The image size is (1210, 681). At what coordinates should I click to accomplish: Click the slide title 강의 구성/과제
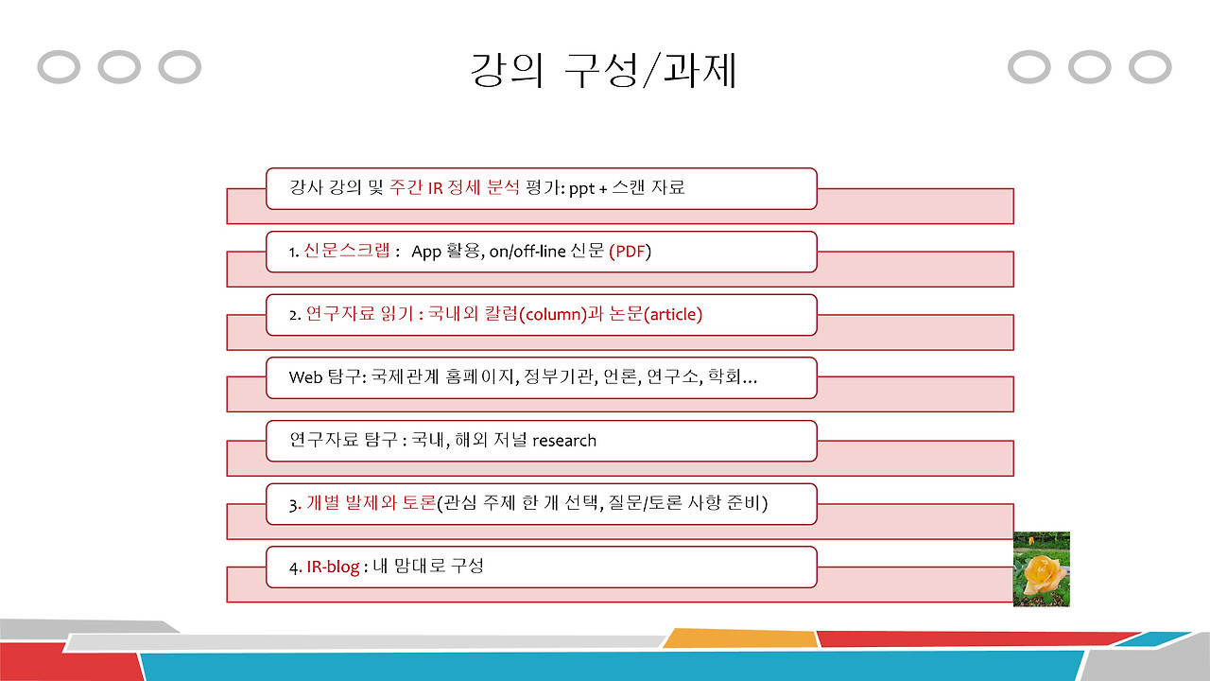coord(604,71)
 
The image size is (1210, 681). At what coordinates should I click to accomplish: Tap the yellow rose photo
coord(1041,568)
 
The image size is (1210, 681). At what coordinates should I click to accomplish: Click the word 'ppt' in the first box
coord(581,187)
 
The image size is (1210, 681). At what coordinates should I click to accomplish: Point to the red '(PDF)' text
coord(630,252)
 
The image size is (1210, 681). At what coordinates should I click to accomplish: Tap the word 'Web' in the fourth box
coord(305,377)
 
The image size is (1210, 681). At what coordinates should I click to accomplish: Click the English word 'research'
coord(564,440)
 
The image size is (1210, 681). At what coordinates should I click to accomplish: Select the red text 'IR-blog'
coord(333,567)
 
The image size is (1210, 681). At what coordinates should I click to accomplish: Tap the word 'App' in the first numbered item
coord(426,252)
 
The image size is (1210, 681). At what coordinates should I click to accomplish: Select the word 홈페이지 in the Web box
coord(477,377)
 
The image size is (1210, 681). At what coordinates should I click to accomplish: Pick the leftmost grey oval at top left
coord(59,67)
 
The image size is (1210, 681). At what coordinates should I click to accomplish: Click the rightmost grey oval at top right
coord(1149,67)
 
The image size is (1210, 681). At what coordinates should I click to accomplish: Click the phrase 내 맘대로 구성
coord(429,567)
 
